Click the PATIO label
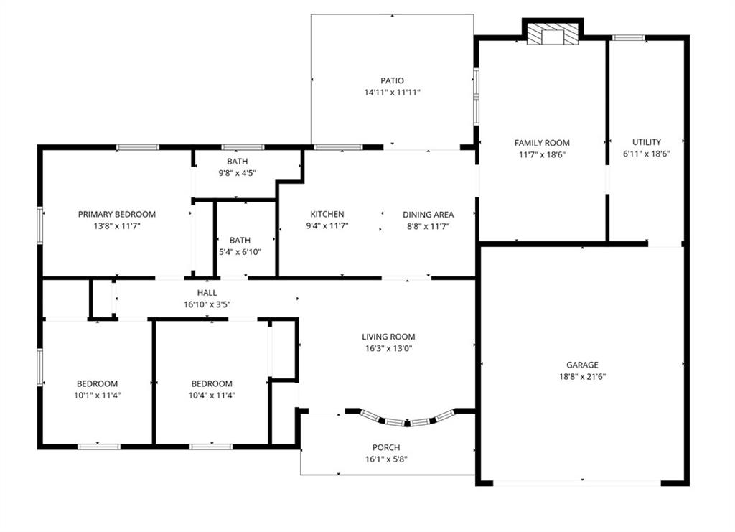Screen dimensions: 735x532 pyautogui.click(x=392, y=80)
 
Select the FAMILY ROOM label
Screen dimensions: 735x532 pyautogui.click(x=542, y=143)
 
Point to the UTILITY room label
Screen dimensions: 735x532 pyautogui.click(x=647, y=142)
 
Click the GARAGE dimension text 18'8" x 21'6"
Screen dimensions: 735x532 pyautogui.click(x=582, y=376)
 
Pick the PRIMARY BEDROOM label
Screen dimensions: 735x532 pyautogui.click(x=117, y=214)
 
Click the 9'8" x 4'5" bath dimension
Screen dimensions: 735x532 pyautogui.click(x=237, y=173)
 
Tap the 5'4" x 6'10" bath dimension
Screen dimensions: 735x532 pyautogui.click(x=240, y=252)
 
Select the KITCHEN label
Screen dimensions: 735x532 pyautogui.click(x=327, y=214)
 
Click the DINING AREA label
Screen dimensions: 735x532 pyautogui.click(x=428, y=215)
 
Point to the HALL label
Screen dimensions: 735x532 pyautogui.click(x=207, y=293)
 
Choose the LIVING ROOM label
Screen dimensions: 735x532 pyautogui.click(x=388, y=337)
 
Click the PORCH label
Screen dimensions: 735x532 pyautogui.click(x=386, y=447)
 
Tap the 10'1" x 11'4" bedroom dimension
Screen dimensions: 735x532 pyautogui.click(x=97, y=395)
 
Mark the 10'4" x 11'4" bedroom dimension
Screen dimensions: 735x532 pyautogui.click(x=212, y=395)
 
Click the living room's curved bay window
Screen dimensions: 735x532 pyautogui.click(x=407, y=419)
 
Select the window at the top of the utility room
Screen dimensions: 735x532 pyautogui.click(x=628, y=38)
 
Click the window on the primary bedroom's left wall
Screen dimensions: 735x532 pyautogui.click(x=40, y=225)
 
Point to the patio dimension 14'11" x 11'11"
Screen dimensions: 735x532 pyautogui.click(x=393, y=93)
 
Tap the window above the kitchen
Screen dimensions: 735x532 pyautogui.click(x=338, y=147)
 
